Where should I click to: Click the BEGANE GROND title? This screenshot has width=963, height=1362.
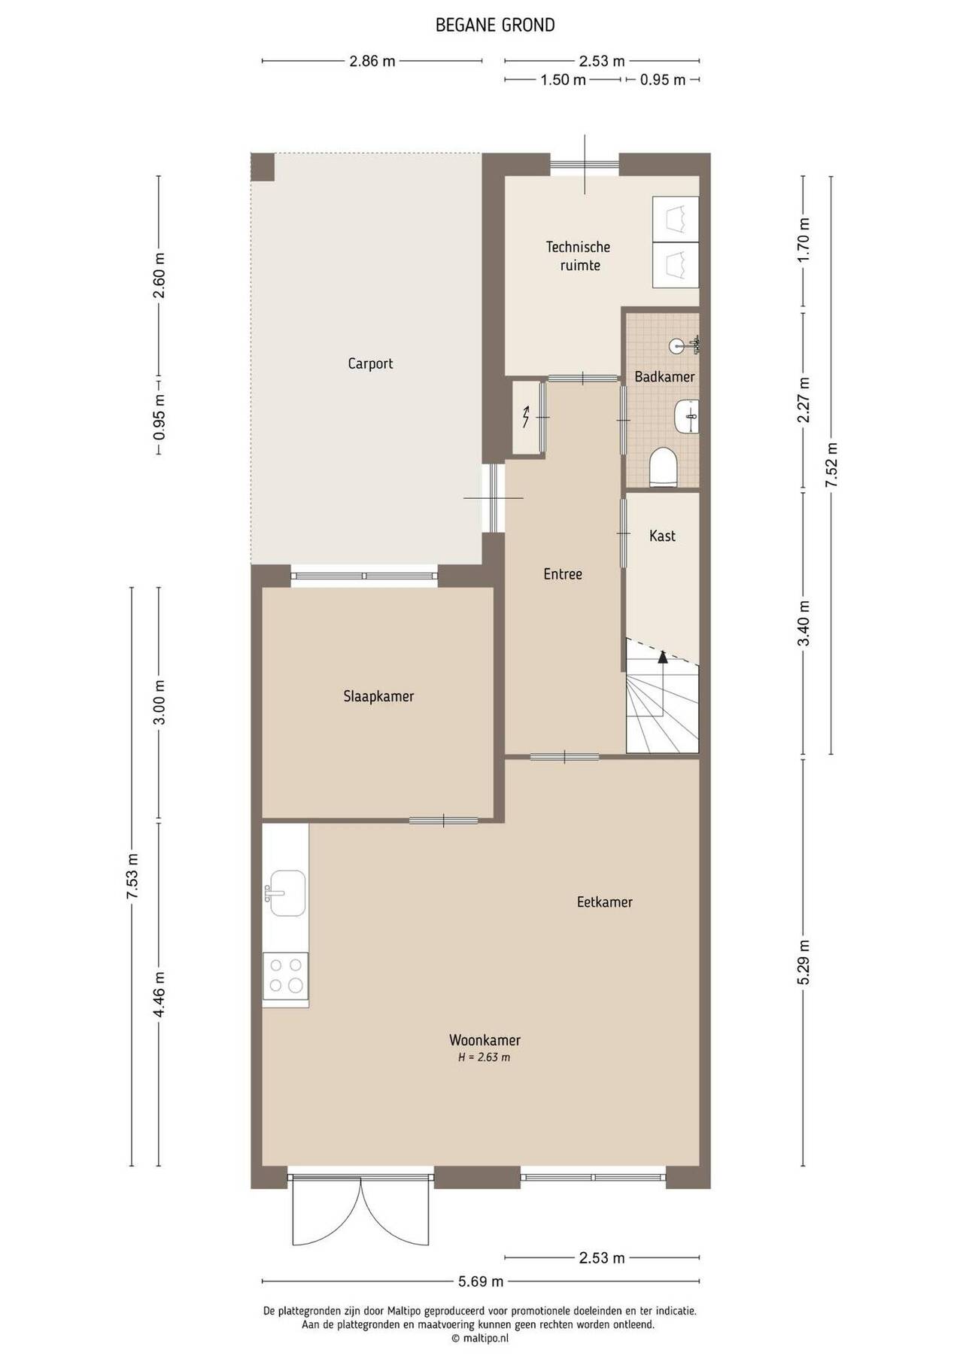[495, 25]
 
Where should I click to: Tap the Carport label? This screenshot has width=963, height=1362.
[370, 364]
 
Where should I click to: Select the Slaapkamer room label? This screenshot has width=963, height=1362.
[378, 697]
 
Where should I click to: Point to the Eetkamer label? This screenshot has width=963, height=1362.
[605, 901]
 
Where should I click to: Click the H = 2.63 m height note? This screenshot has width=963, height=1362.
[485, 1057]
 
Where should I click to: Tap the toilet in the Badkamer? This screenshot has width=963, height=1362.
[664, 467]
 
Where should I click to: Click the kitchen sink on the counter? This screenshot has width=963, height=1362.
[287, 893]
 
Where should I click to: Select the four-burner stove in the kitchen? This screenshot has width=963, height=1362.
[285, 976]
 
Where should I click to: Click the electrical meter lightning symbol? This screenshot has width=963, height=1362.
[526, 415]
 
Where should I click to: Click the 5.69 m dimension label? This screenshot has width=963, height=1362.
[481, 1281]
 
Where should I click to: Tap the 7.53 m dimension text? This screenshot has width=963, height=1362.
[132, 877]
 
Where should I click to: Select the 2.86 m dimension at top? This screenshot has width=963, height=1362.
[372, 62]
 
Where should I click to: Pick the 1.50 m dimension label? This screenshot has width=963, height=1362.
[563, 80]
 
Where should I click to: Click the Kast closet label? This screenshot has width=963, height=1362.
[662, 536]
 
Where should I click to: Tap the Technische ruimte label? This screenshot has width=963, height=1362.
[578, 256]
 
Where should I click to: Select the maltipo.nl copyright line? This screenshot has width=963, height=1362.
[480, 1338]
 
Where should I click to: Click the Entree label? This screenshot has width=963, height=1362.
[563, 574]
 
